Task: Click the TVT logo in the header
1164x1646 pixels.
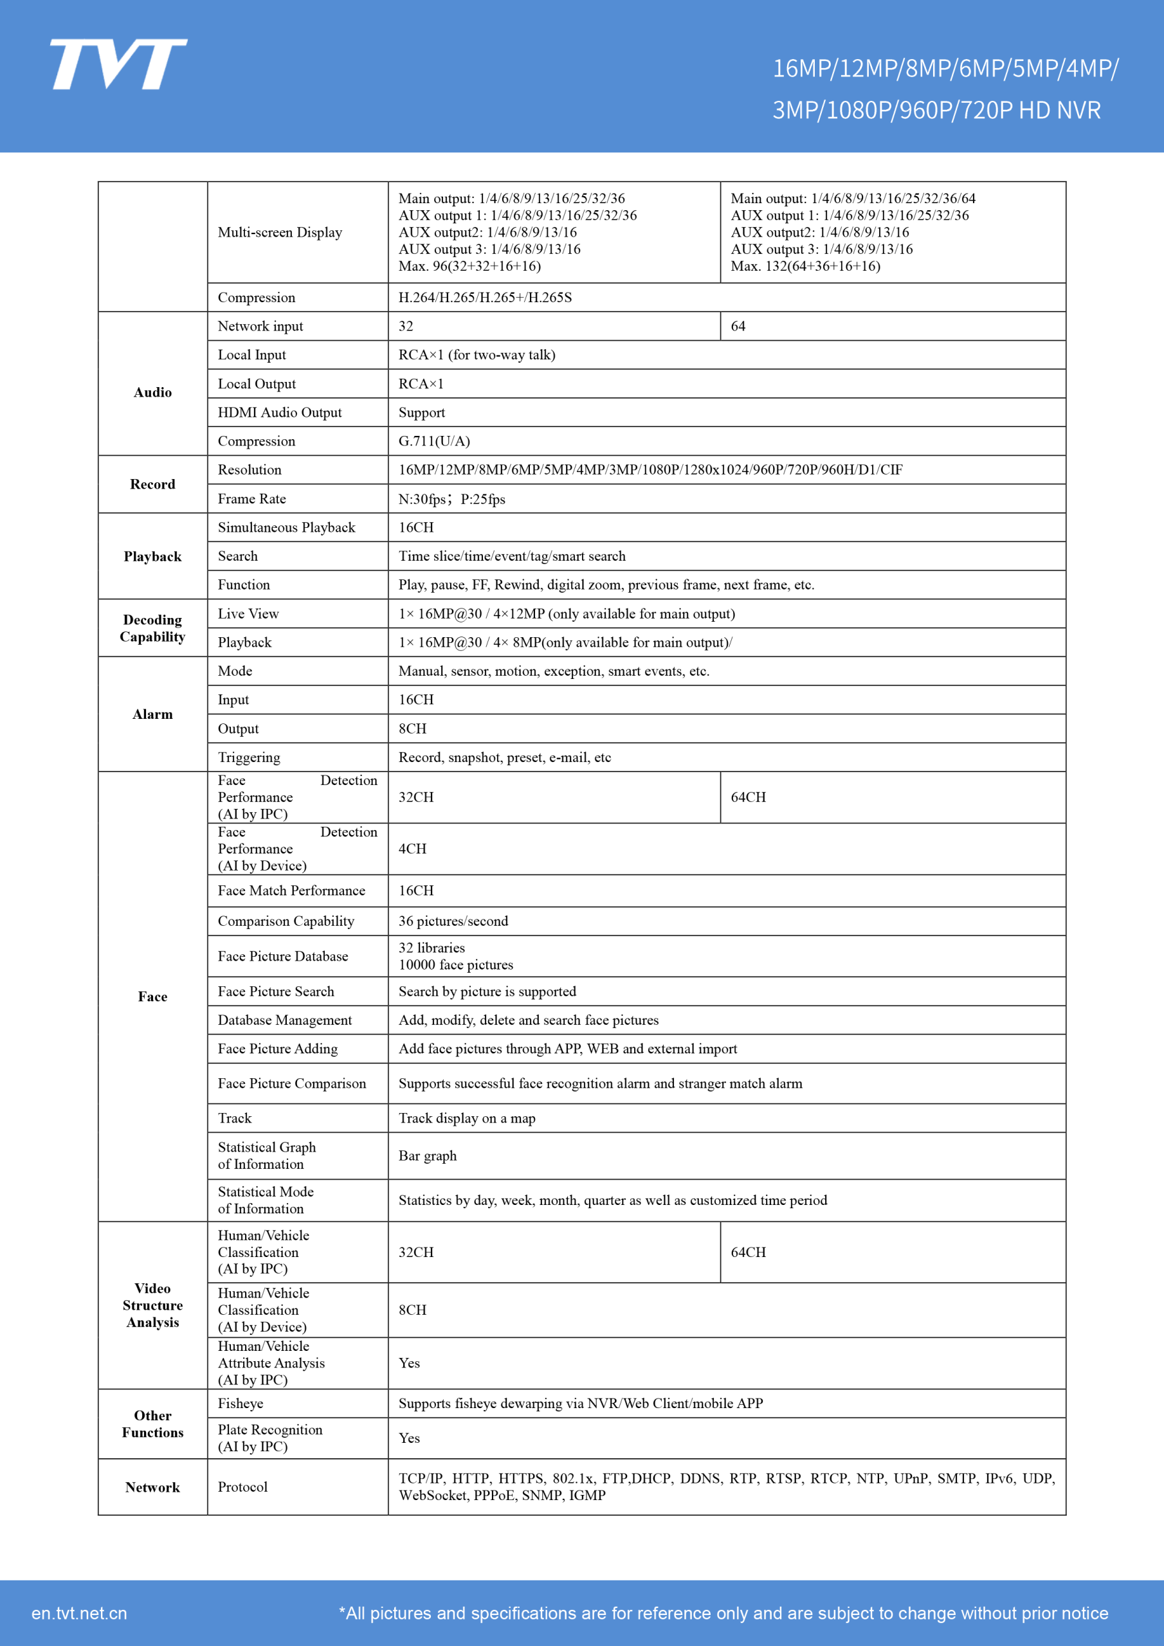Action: pos(118,64)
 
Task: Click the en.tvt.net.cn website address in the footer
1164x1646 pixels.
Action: pos(79,1613)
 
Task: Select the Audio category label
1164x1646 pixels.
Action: pos(153,392)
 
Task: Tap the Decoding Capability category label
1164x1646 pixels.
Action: pos(153,628)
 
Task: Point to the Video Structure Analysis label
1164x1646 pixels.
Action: pos(153,1305)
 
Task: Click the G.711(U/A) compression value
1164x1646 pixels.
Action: pos(434,441)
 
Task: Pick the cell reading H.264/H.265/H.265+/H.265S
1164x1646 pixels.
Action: pos(485,298)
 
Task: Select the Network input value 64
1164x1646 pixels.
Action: pos(738,326)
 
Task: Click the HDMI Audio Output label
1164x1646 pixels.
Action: pos(280,412)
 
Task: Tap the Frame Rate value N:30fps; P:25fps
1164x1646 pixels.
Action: pos(452,499)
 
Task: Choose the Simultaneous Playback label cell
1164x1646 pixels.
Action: pos(286,528)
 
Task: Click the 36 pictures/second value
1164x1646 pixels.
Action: pos(453,921)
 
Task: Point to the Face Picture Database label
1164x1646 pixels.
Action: pos(282,956)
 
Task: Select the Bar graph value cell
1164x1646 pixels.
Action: pos(428,1155)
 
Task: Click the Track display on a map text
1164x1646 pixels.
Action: pos(467,1118)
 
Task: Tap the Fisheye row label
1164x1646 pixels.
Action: pos(241,1404)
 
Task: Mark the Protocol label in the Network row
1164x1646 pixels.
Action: pos(242,1487)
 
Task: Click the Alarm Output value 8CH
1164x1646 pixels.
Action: pos(412,728)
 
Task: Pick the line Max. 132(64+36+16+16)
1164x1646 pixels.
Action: pos(805,266)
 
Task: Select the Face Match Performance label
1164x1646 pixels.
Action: pos(291,891)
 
